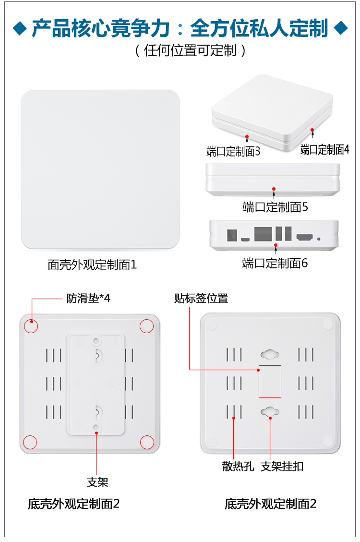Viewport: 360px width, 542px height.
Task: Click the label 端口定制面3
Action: tap(233, 152)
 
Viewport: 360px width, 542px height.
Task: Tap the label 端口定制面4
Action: tap(324, 150)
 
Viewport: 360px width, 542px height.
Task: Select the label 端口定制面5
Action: tap(275, 207)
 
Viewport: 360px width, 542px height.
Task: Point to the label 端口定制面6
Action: tap(275, 263)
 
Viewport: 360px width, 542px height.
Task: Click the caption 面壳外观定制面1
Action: tap(92, 265)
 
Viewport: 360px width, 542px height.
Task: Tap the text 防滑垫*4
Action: tap(88, 298)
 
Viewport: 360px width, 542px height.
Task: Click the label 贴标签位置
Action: tap(201, 298)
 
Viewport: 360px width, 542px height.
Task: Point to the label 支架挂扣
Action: tap(282, 466)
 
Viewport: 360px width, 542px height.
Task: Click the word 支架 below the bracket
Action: tap(97, 482)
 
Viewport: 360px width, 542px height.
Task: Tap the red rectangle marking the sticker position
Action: tap(270, 381)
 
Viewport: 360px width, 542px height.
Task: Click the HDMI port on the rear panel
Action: tap(305, 237)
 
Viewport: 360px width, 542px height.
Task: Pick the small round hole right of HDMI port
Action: tap(319, 238)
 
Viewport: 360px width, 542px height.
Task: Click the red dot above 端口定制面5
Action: tap(274, 189)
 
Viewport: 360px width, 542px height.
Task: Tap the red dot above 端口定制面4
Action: tap(312, 130)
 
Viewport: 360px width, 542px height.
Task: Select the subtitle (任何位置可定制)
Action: tap(191, 50)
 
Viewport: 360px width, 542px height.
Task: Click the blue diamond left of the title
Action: tap(20, 28)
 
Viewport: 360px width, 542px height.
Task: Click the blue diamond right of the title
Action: tap(341, 28)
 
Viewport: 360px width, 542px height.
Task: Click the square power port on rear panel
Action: tap(232, 235)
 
